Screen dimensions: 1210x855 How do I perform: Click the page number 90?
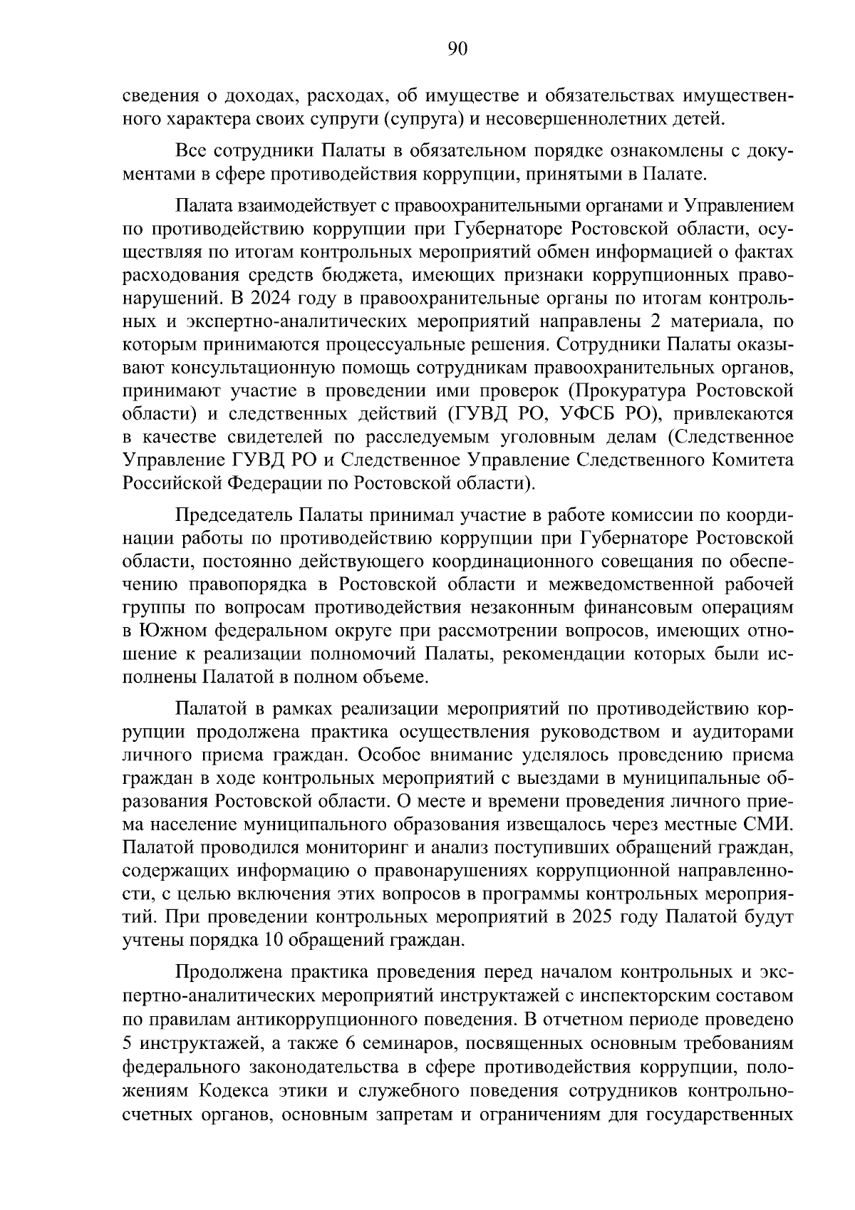(x=457, y=49)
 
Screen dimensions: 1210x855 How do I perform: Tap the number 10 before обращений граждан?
(x=274, y=940)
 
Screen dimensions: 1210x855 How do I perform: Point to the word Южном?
(x=171, y=631)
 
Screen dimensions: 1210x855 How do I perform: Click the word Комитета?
(x=754, y=460)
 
